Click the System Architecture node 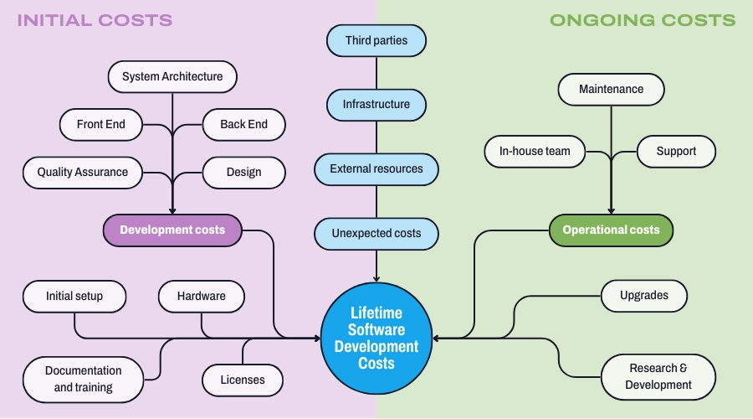172,77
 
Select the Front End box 100,125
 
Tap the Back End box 243,125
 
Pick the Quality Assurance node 83,173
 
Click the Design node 243,173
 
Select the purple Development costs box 172,230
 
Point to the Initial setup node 74,297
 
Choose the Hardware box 201,297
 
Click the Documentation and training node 83,379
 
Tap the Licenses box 243,380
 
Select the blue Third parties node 376,40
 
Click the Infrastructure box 376,105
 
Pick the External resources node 376,169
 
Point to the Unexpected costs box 376,233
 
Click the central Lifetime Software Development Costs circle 376,339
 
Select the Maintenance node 611,90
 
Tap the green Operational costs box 611,230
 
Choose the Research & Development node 658,377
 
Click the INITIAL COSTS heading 95,20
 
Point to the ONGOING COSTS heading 643,20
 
